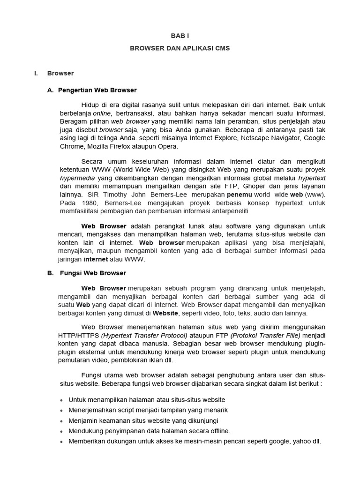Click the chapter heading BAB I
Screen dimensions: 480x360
[180, 35]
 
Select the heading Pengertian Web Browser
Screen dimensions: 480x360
[97, 90]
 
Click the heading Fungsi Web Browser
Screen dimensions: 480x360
[93, 273]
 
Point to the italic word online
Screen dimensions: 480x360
[102, 113]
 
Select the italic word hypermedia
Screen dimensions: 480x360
[77, 178]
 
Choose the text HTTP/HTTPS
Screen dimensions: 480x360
[78, 336]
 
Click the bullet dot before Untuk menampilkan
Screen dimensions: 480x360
[62, 400]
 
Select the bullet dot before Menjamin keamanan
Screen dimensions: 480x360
[62, 421]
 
